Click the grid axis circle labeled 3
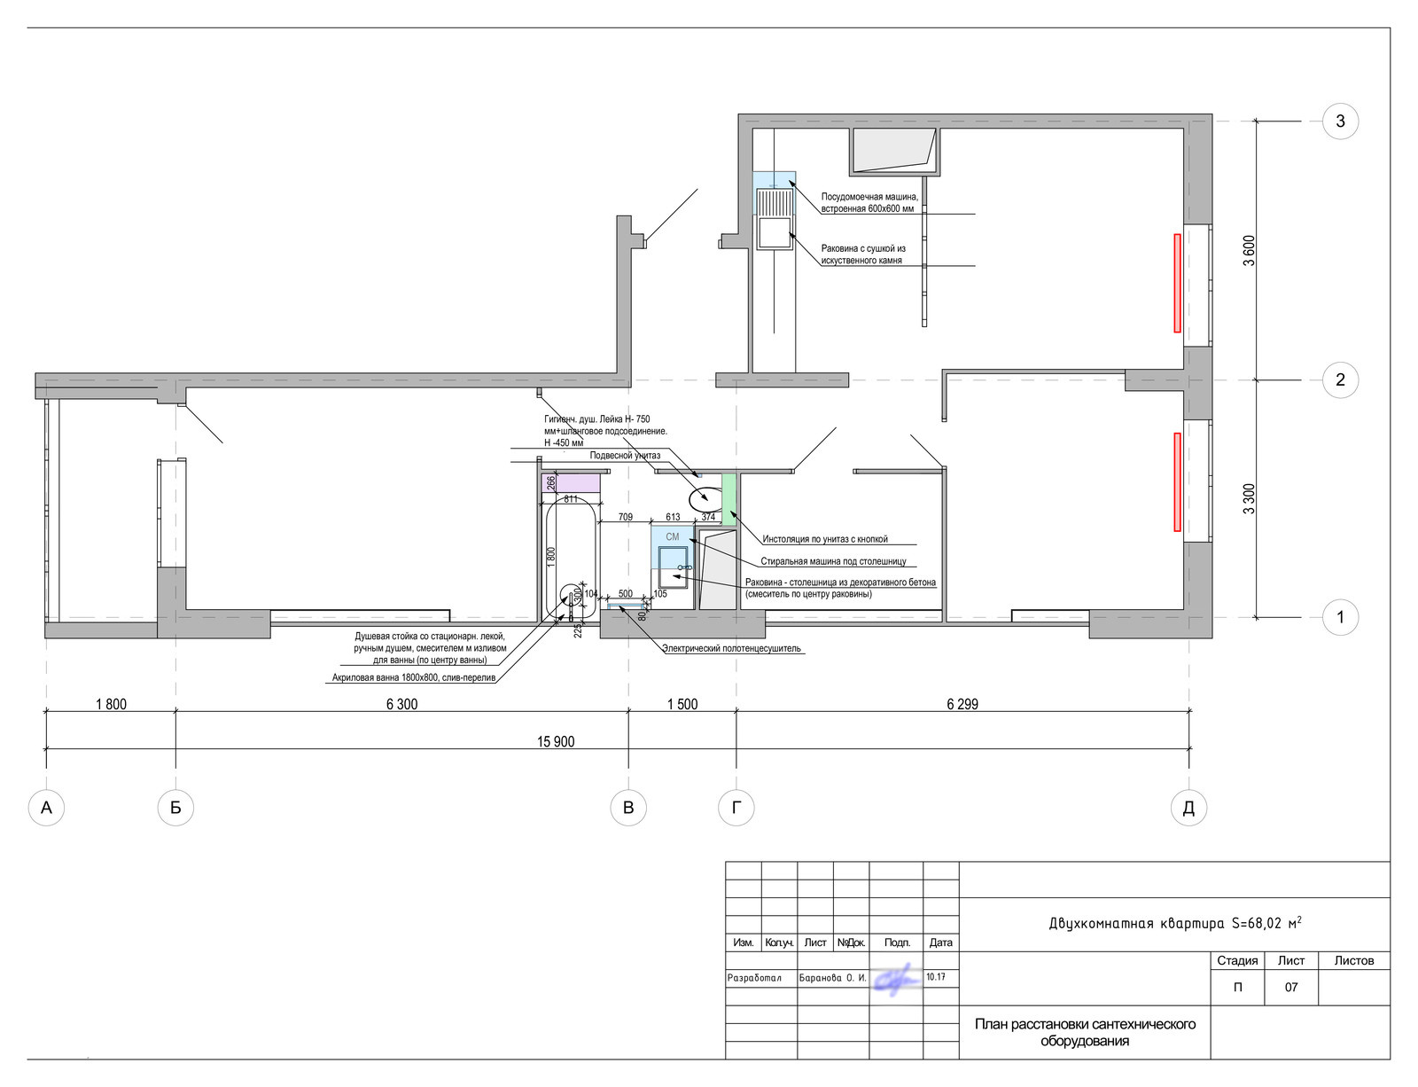[1340, 121]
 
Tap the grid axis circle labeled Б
[175, 808]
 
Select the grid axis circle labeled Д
[1188, 808]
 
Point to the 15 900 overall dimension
[556, 741]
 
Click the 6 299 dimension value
[962, 704]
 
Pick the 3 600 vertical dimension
[1249, 251]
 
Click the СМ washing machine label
[672, 536]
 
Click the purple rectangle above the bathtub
[571, 483]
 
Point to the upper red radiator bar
[1177, 284]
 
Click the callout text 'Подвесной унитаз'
[625, 456]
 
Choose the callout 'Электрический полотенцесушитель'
[731, 648]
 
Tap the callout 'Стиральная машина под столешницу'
[833, 561]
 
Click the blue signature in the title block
[897, 980]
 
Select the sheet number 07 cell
[1290, 987]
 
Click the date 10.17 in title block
[935, 977]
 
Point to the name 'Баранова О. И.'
[833, 978]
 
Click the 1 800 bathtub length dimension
[550, 557]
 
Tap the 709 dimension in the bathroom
[625, 517]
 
